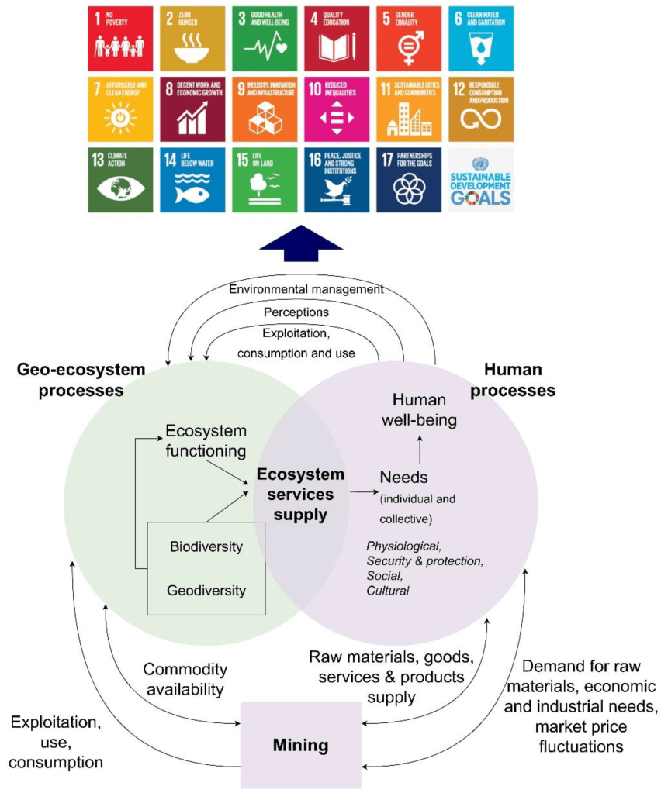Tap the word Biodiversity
[x=206, y=547]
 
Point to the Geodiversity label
[x=206, y=591]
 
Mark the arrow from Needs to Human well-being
[x=420, y=450]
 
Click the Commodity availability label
[x=185, y=679]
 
